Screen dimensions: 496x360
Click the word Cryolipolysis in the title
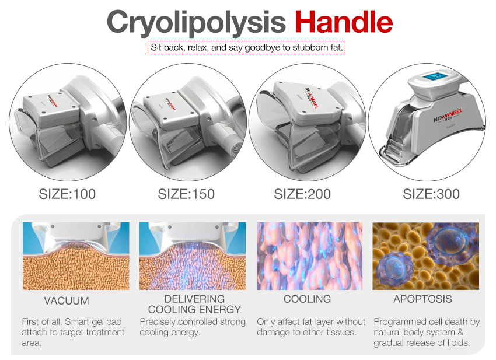196,22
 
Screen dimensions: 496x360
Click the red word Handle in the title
344,22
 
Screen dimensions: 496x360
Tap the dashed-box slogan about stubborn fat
246,47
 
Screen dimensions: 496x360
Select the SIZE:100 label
67,194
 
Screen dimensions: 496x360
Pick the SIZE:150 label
186,194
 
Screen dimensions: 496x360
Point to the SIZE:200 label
302,194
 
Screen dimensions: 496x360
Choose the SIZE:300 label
431,194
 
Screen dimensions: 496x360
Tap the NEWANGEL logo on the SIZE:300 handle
448,115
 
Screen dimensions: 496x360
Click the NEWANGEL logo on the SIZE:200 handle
312,97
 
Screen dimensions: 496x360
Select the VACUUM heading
67,300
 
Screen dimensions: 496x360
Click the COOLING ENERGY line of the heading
194,309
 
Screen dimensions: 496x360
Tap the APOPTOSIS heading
422,299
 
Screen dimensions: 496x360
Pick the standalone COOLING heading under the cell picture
307,299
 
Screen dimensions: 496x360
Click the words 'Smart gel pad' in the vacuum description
93,322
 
